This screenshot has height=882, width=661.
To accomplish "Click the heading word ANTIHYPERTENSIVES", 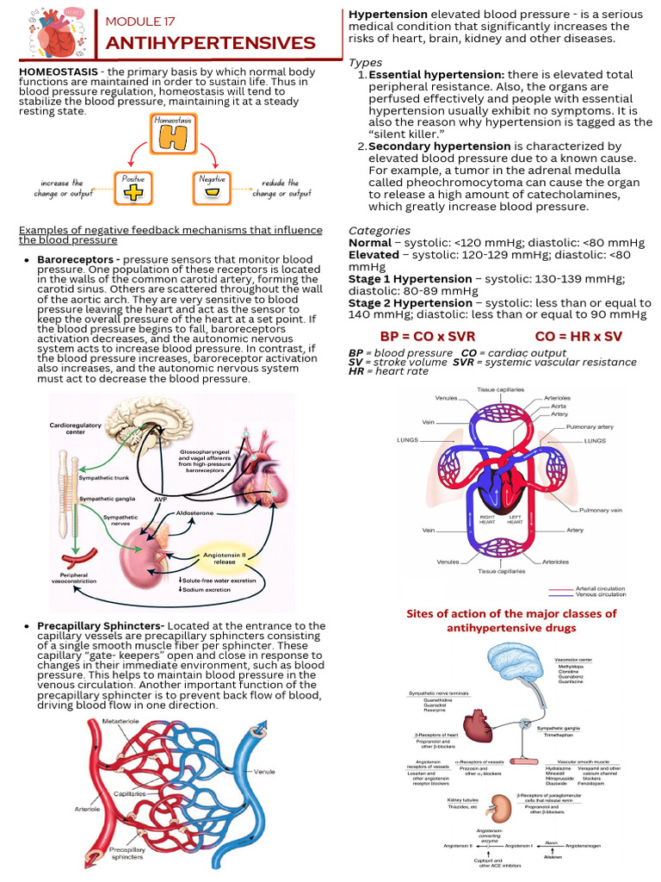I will point(210,43).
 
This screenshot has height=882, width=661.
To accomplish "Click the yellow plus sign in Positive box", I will point(133,191).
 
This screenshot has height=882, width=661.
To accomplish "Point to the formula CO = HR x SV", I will point(578,335).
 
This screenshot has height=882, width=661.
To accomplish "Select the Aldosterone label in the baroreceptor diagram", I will point(195,512).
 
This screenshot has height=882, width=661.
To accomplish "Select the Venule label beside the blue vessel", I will point(264,771).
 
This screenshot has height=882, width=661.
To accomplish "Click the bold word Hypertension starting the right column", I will point(387,15).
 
